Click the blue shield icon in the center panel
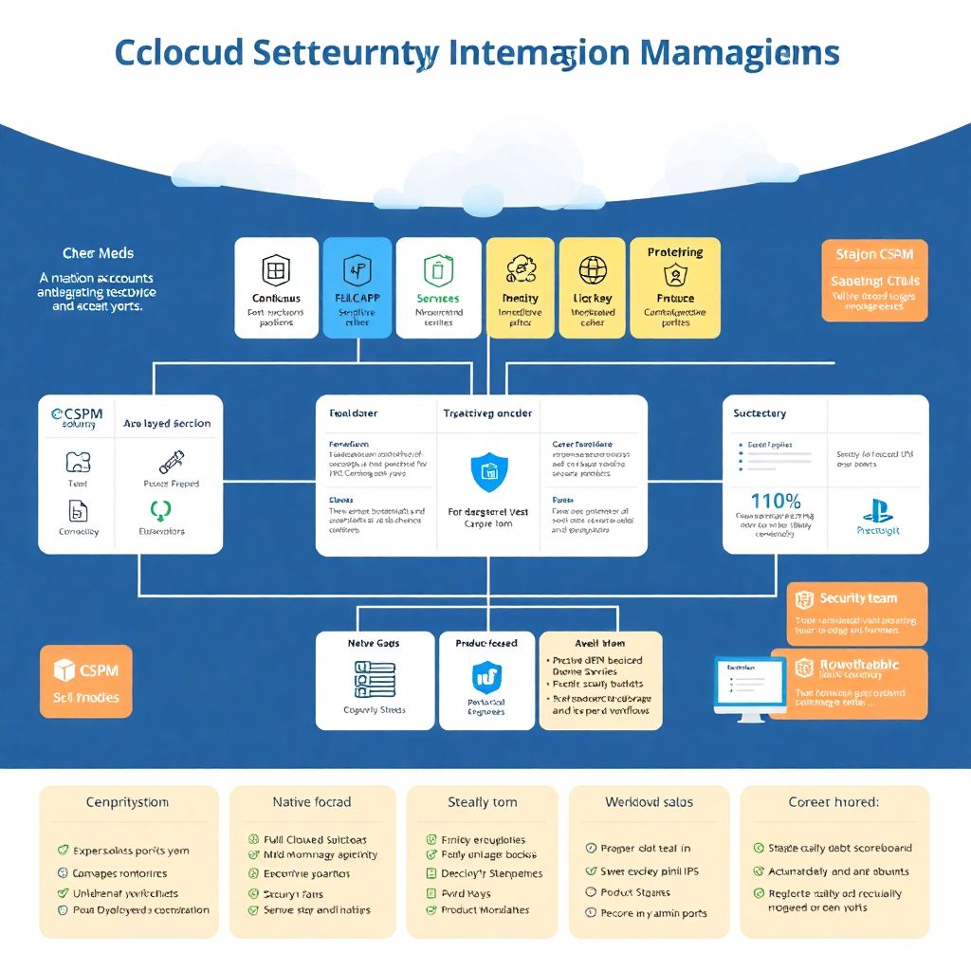489,471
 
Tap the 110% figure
775,501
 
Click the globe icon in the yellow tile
593,270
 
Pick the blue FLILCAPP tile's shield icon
357,270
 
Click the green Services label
437,299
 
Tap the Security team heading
857,598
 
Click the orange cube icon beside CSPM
64,670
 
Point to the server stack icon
374,679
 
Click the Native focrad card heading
311,802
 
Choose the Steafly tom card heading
482,802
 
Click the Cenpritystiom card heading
127,802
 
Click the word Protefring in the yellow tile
675,252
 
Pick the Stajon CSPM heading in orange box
873,254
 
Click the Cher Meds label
98,253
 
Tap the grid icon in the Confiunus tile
275,270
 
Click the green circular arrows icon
160,510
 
